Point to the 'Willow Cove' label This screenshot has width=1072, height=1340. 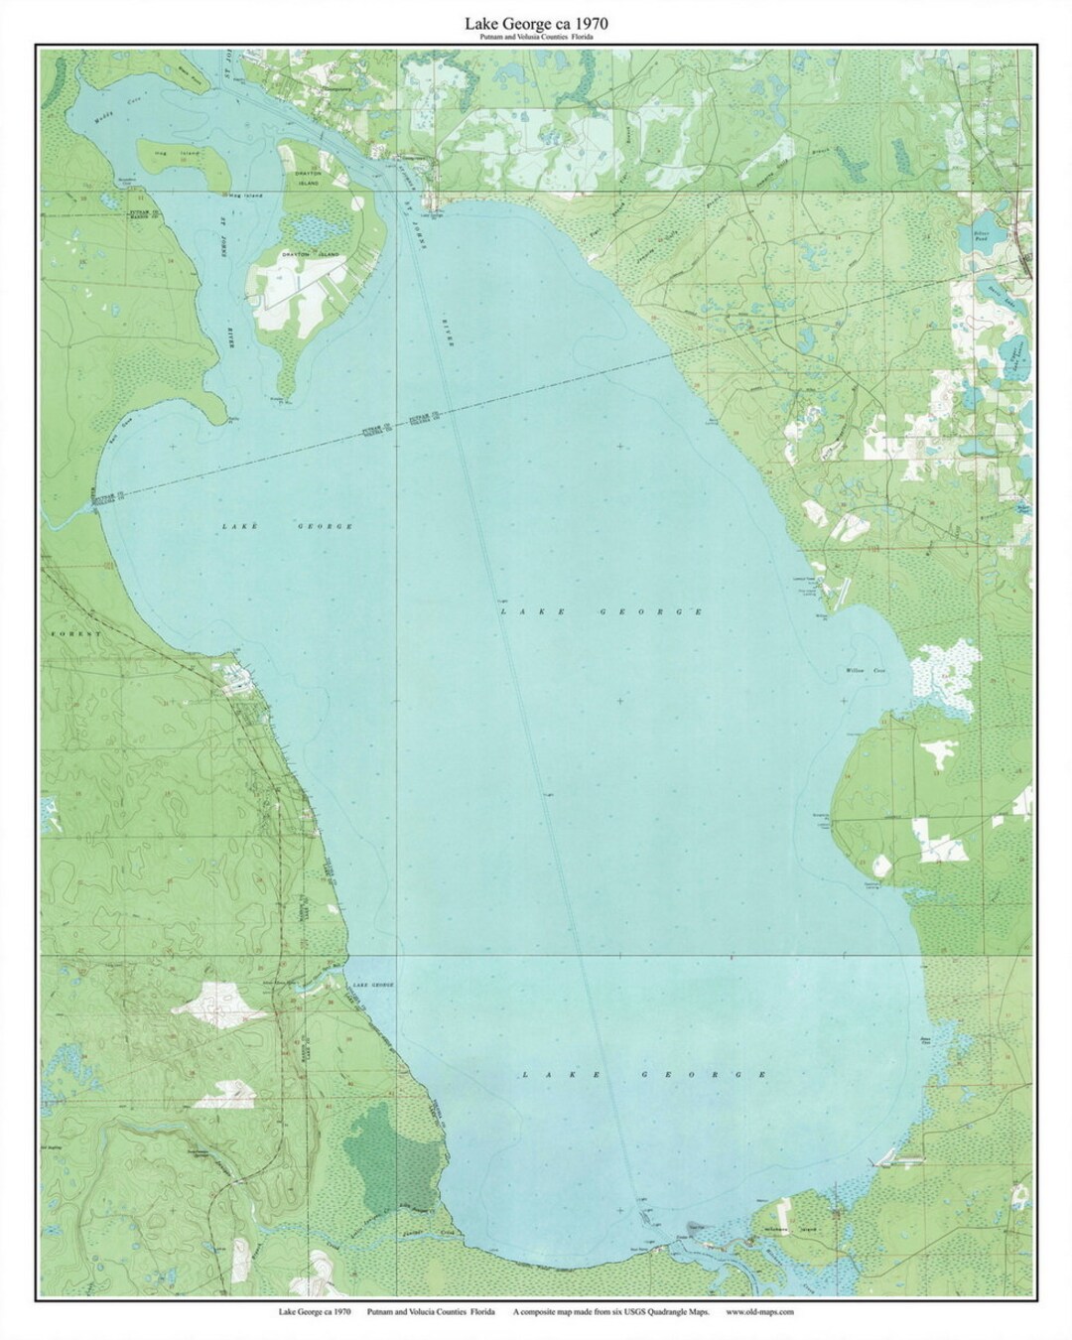[865, 672]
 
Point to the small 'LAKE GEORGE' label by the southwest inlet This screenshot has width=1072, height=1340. [368, 985]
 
